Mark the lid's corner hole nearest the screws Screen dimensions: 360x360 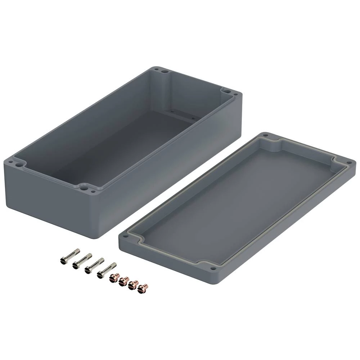[125, 237]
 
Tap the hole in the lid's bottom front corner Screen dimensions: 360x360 [213, 268]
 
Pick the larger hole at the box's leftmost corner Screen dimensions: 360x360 [18, 163]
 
